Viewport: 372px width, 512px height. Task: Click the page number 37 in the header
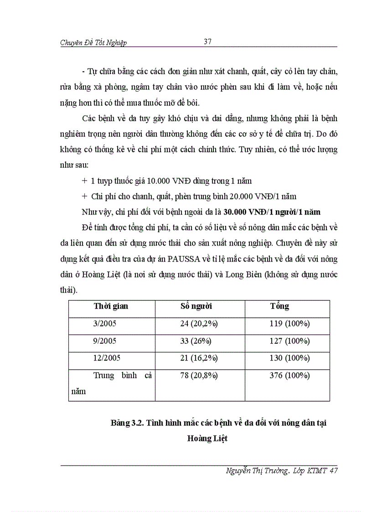click(207, 41)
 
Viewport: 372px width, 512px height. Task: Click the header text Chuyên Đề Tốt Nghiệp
click(93, 43)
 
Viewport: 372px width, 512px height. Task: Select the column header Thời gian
click(111, 306)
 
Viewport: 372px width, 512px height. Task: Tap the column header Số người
click(196, 306)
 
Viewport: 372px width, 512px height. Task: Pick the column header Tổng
click(279, 306)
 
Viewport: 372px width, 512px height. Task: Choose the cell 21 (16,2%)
click(199, 358)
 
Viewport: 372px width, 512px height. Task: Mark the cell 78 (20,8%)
click(199, 376)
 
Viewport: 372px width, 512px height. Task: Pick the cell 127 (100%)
click(289, 341)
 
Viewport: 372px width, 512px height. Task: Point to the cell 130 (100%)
click(289, 358)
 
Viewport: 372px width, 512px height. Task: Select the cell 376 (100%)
click(289, 376)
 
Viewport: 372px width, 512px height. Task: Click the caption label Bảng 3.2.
click(127, 423)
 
